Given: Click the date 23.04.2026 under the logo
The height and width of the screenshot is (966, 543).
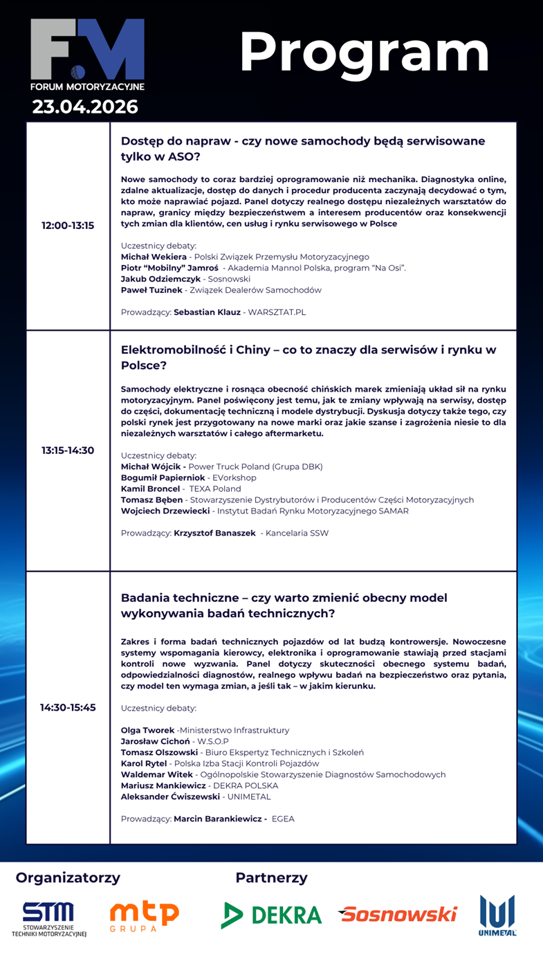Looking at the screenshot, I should [x=85, y=107].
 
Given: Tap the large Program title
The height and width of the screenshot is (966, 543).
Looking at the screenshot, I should [x=365, y=54].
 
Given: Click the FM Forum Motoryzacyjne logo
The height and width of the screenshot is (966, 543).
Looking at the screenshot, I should [x=87, y=54].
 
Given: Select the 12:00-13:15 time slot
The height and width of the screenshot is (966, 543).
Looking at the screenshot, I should [x=68, y=226].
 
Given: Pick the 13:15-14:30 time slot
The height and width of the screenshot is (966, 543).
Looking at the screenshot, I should [x=68, y=450].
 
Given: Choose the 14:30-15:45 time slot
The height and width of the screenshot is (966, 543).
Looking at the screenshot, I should [x=68, y=707].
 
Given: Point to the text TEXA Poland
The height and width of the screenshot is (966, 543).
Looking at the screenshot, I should [x=219, y=489].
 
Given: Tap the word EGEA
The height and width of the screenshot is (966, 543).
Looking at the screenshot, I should [x=283, y=819].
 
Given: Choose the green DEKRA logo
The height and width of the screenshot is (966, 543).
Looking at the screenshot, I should [x=272, y=915].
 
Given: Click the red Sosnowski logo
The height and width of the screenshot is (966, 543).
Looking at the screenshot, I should [x=398, y=914].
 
